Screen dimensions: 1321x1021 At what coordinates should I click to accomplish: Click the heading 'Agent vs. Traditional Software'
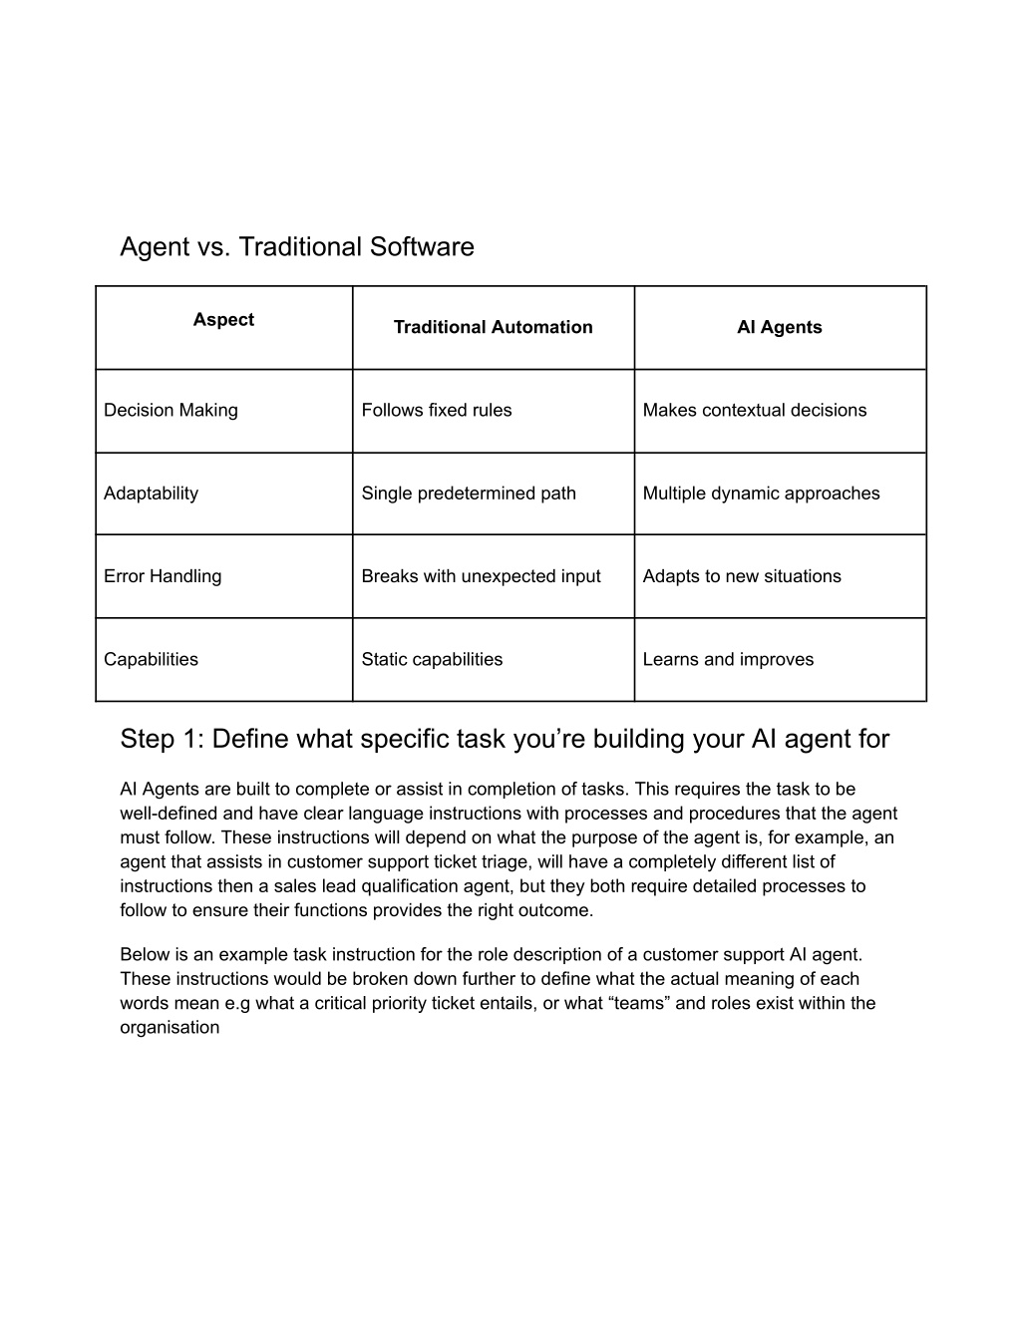tap(296, 246)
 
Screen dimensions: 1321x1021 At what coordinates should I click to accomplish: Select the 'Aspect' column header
tap(223, 320)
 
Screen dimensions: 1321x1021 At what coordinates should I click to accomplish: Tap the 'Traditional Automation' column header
tap(493, 327)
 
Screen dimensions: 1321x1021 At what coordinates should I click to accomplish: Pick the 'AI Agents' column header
tap(779, 327)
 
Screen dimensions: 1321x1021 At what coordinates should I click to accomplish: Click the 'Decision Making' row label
tap(170, 410)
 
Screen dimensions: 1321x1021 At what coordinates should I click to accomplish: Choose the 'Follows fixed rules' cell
tap(436, 410)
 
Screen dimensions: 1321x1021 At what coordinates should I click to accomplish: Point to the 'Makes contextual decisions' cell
tap(754, 410)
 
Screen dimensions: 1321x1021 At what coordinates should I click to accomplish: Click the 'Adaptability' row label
tap(151, 494)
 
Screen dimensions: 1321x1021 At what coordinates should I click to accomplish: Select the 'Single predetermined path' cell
tap(468, 494)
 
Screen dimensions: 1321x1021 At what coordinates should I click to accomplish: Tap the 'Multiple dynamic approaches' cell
tap(761, 494)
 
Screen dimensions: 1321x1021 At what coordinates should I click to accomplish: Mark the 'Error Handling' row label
tap(163, 576)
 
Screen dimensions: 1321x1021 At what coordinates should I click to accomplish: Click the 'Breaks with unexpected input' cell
tap(481, 576)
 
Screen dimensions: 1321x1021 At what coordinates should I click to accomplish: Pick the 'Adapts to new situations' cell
tap(741, 576)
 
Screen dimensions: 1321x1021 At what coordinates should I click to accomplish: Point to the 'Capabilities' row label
tap(151, 659)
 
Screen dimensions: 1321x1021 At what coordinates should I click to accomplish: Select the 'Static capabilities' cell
tap(432, 659)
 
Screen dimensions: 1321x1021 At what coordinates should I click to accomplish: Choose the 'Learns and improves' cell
tap(728, 659)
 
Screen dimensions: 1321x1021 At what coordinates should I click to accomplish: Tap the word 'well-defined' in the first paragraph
tap(166, 814)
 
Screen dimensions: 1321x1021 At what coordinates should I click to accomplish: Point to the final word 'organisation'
tap(170, 1027)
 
